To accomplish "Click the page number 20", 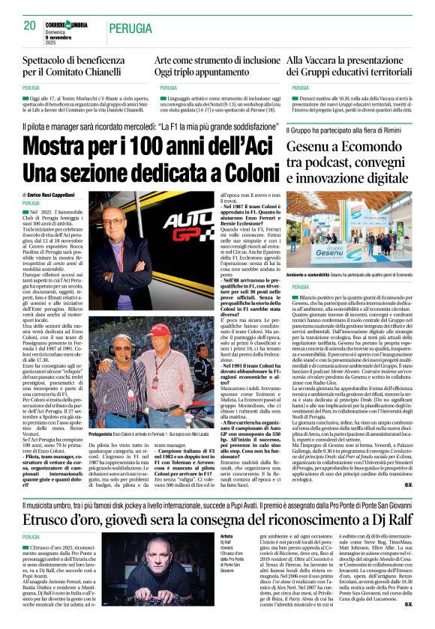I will click(30, 26).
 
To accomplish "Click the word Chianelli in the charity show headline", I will click(116, 73).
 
